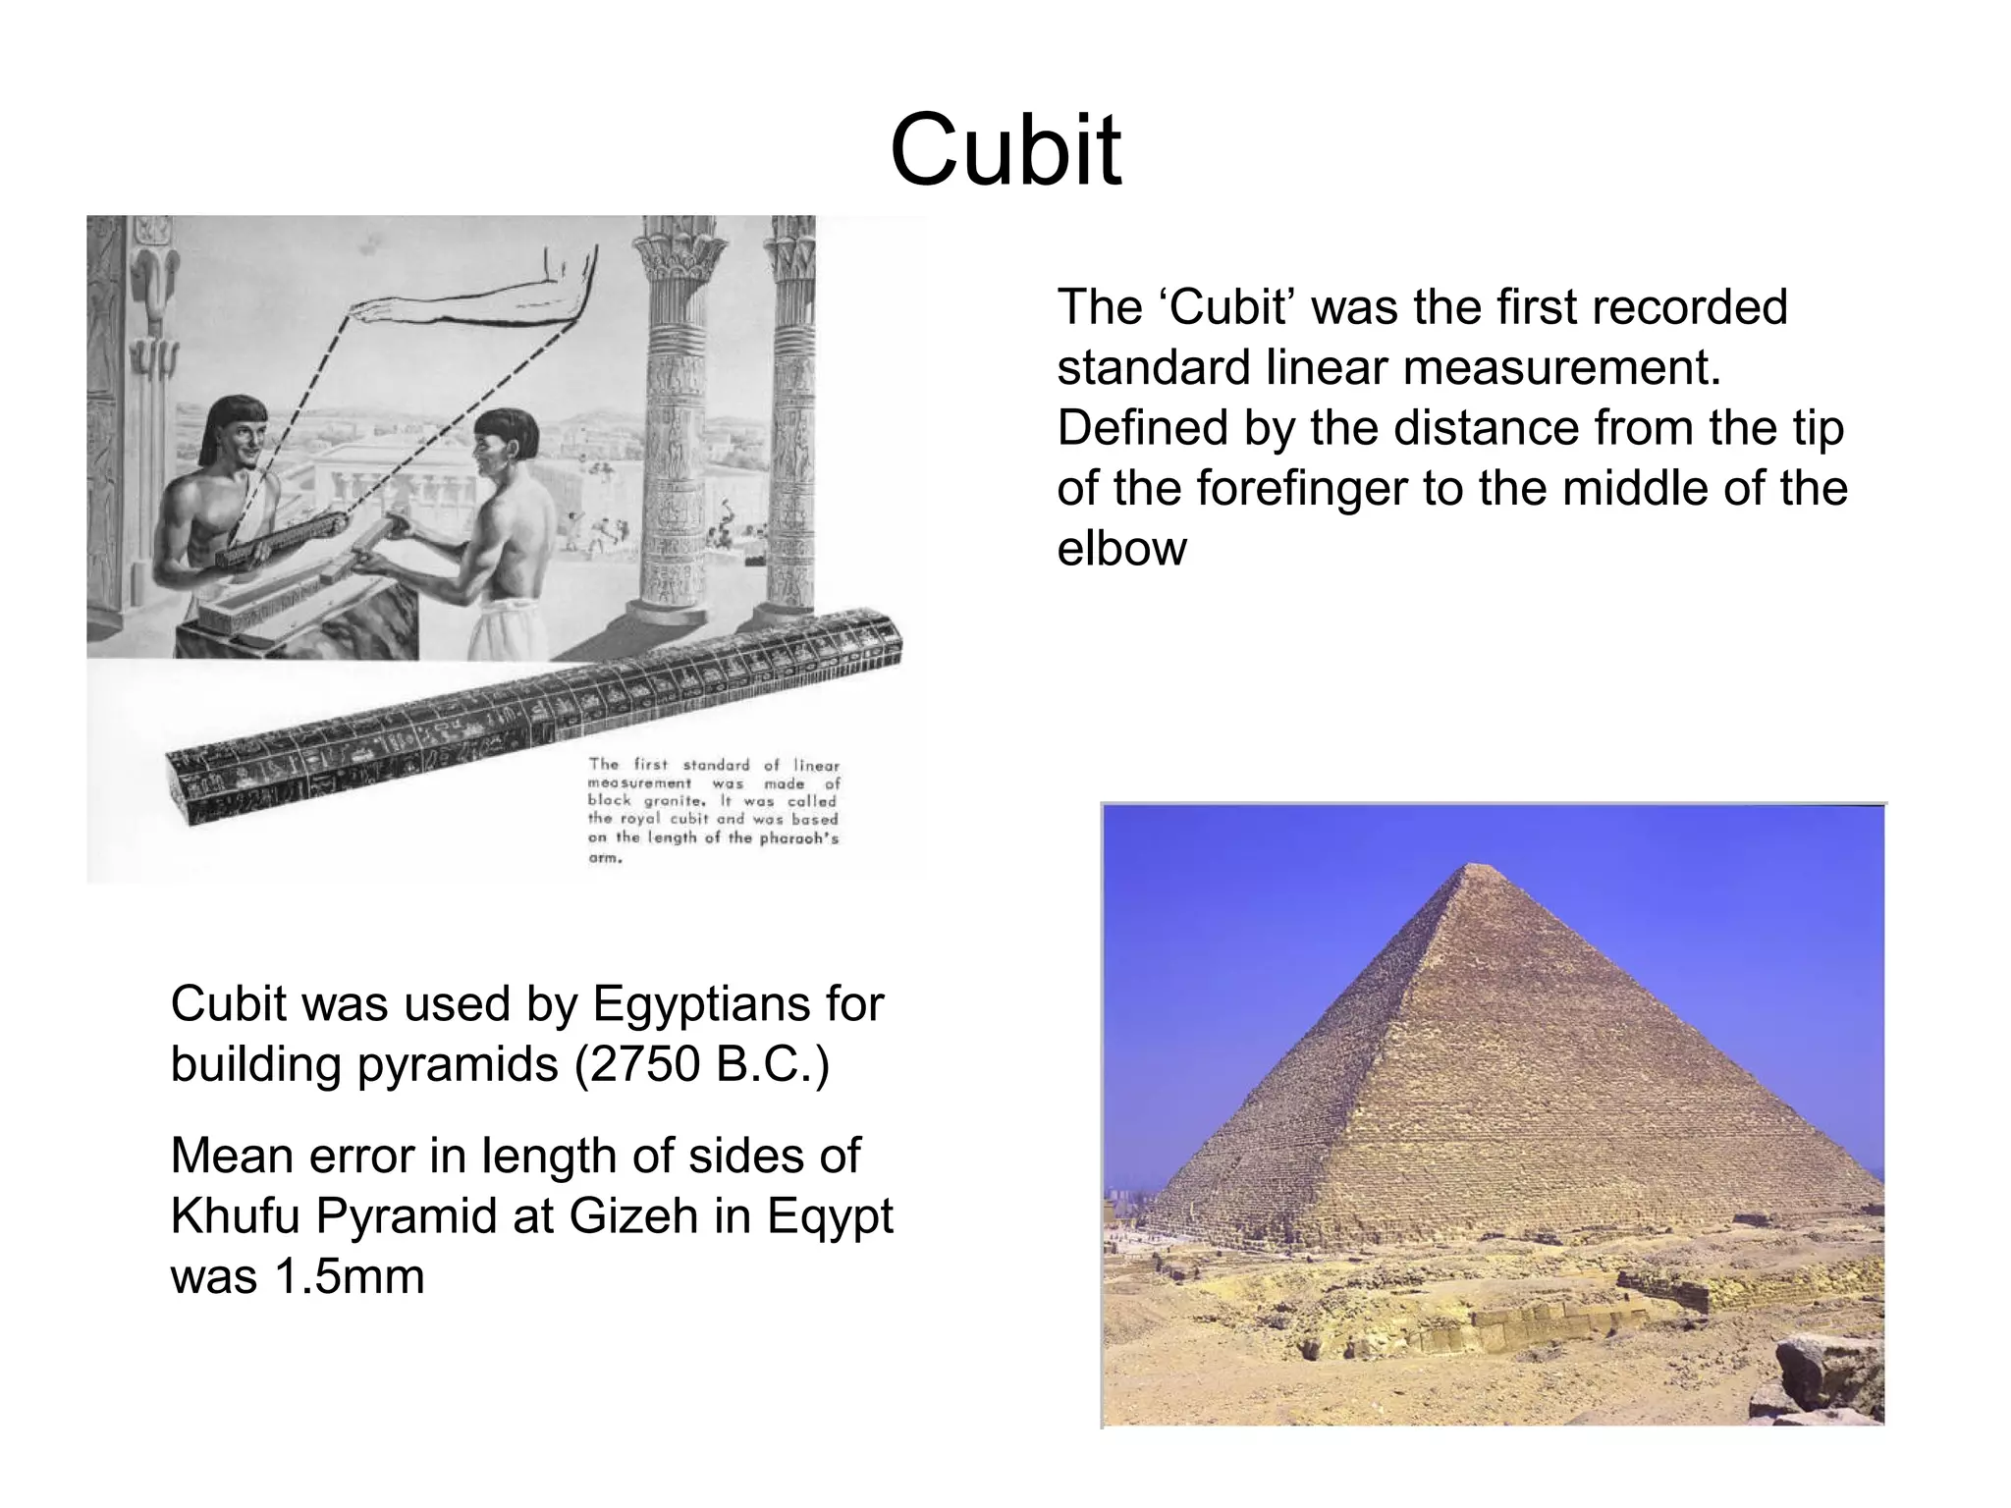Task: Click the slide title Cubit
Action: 1005,151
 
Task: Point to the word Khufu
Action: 236,1217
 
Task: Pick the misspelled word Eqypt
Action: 830,1217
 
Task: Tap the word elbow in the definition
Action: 1121,549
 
